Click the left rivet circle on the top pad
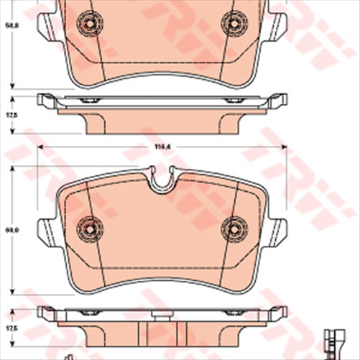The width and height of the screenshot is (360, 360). pyautogui.click(x=90, y=23)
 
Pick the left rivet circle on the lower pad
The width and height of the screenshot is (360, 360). pyautogui.click(x=90, y=229)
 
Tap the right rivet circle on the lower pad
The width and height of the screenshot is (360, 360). pyautogui.click(x=234, y=229)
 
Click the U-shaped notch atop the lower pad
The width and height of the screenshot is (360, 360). pyautogui.click(x=162, y=182)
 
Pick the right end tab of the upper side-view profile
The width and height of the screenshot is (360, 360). pyautogui.click(x=278, y=101)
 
